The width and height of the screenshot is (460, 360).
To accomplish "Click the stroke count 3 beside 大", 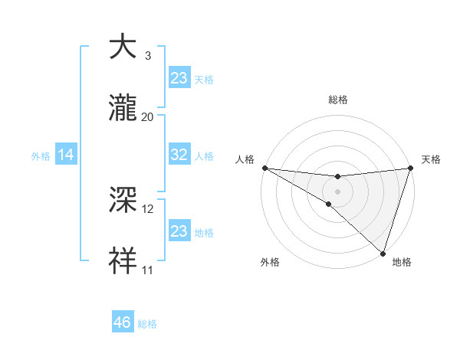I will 148,56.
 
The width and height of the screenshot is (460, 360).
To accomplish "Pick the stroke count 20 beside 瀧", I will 148,117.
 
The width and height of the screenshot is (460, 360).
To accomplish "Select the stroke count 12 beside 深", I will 148,209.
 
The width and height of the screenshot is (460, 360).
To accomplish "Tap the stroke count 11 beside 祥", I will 148,270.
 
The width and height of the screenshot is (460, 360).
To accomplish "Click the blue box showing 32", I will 179,155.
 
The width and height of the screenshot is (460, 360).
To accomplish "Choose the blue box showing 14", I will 66,155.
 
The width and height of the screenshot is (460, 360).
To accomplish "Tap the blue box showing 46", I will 123,322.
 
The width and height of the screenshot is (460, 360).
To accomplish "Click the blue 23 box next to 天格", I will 179,78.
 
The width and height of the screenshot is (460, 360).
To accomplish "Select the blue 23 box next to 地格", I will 179,231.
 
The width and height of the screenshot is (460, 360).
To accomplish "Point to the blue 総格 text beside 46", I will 148,324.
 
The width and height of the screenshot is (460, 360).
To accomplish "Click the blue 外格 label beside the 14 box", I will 41,156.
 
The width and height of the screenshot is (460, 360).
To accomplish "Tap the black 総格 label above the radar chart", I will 337,100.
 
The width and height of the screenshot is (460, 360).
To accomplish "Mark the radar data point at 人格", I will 264,167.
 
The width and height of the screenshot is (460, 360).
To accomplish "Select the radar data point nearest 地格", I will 383,252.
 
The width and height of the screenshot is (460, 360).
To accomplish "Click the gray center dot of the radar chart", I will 337,191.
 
